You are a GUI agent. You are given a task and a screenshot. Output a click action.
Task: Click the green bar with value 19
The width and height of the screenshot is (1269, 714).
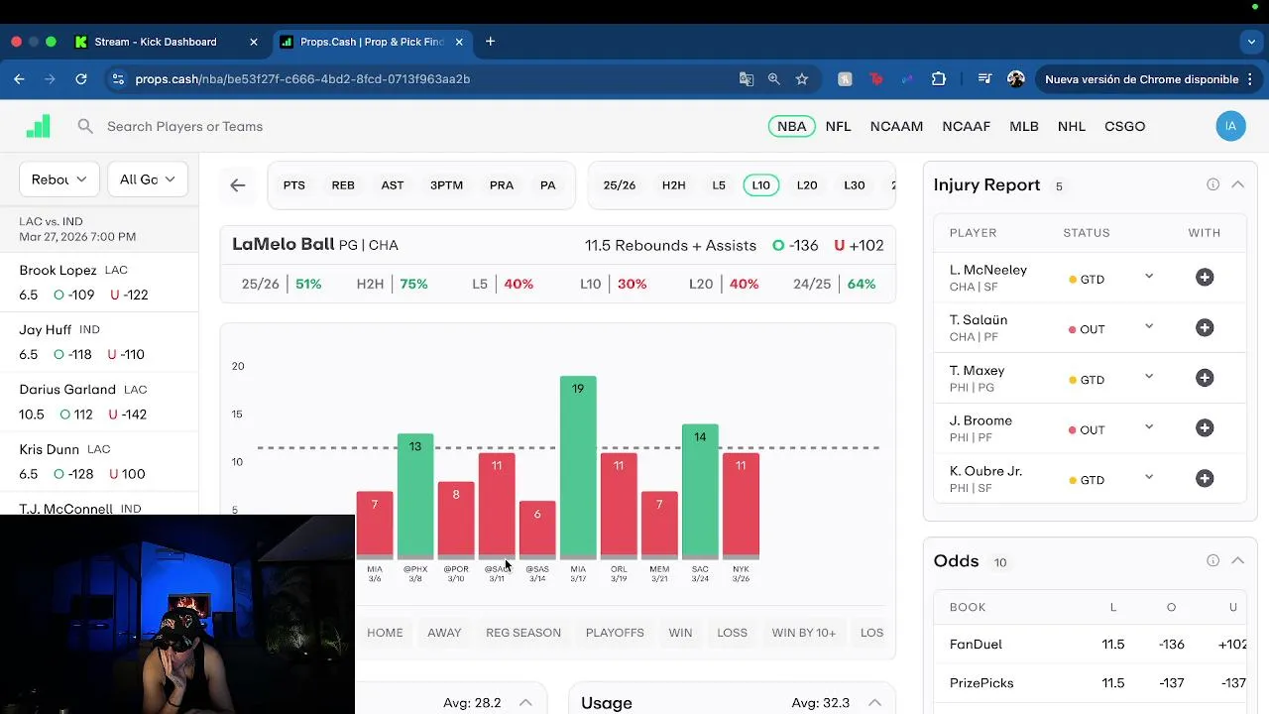pos(578,466)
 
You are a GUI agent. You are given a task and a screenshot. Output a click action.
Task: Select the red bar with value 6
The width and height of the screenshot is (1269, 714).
pos(537,529)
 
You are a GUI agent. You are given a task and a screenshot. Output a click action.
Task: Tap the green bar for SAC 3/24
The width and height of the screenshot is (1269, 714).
pos(700,490)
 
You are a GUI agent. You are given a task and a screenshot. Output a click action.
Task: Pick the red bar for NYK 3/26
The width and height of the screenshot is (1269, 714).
pos(741,505)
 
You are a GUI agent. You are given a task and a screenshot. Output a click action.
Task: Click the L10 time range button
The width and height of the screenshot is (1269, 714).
pos(760,185)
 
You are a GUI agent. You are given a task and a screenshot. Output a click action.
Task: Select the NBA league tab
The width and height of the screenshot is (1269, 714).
pos(791,126)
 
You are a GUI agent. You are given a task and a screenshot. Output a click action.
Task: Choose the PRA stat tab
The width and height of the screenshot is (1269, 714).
pos(502,185)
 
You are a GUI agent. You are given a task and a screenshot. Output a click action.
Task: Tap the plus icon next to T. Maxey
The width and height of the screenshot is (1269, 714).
pos(1205,378)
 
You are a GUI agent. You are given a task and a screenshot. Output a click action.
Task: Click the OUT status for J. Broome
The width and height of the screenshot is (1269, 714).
pos(1092,429)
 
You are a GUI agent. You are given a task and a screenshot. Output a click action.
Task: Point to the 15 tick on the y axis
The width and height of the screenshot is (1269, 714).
pos(237,415)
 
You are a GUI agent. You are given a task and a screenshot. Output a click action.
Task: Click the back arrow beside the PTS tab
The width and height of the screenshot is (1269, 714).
pos(238,185)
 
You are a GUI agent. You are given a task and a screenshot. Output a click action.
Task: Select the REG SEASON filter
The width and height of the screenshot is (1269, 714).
pos(523,633)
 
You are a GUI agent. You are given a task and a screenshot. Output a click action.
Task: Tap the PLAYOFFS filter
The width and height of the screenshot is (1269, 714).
pos(615,633)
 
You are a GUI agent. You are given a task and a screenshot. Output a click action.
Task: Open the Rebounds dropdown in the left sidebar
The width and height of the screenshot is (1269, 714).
pos(59,179)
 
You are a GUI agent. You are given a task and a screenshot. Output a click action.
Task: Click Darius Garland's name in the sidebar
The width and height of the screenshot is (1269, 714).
pos(67,390)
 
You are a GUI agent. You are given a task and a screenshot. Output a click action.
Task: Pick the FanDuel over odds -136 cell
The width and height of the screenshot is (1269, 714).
pos(1171,645)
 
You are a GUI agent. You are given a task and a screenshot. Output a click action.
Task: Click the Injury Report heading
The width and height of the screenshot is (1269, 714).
pos(986,185)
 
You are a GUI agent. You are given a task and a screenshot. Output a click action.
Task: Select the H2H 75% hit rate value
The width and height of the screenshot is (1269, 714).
pos(413,284)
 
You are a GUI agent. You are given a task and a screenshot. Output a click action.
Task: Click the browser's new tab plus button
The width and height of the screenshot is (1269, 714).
pos(490,42)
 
